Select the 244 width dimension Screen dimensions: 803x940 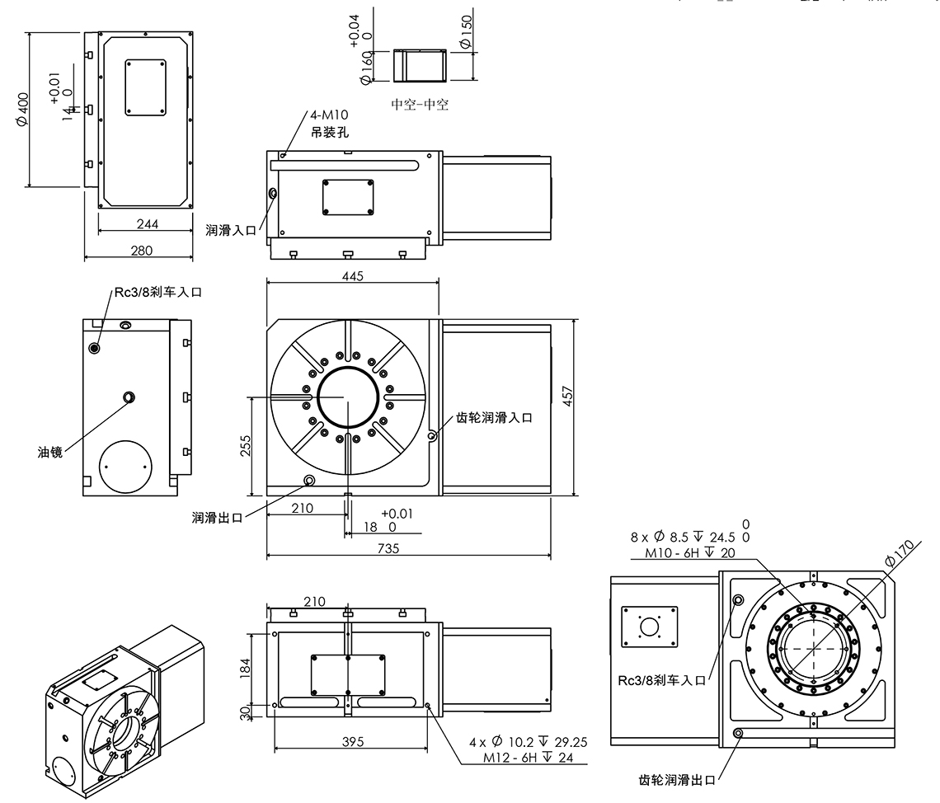click(148, 223)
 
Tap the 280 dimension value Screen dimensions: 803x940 click(141, 251)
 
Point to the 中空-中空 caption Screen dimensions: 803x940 click(421, 105)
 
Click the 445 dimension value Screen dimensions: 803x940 click(352, 276)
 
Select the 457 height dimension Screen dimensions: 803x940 click(568, 396)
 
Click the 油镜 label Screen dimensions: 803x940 click(49, 452)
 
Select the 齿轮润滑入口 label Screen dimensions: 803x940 click(494, 418)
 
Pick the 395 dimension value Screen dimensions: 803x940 click(352, 743)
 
